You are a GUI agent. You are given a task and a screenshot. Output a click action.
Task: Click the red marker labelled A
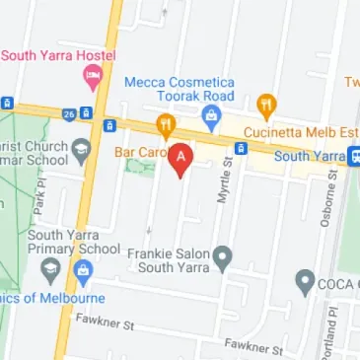(x=180, y=159)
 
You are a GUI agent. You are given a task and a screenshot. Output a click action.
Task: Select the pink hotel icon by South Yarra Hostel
(x=92, y=76)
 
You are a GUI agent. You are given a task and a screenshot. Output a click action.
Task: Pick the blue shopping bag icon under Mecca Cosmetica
(x=210, y=117)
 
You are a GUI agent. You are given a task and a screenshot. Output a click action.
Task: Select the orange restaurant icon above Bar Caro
(x=165, y=125)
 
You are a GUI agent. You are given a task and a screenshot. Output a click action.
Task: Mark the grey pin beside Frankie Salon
(x=223, y=258)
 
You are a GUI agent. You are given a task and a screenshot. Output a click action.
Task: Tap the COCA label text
(x=337, y=285)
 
